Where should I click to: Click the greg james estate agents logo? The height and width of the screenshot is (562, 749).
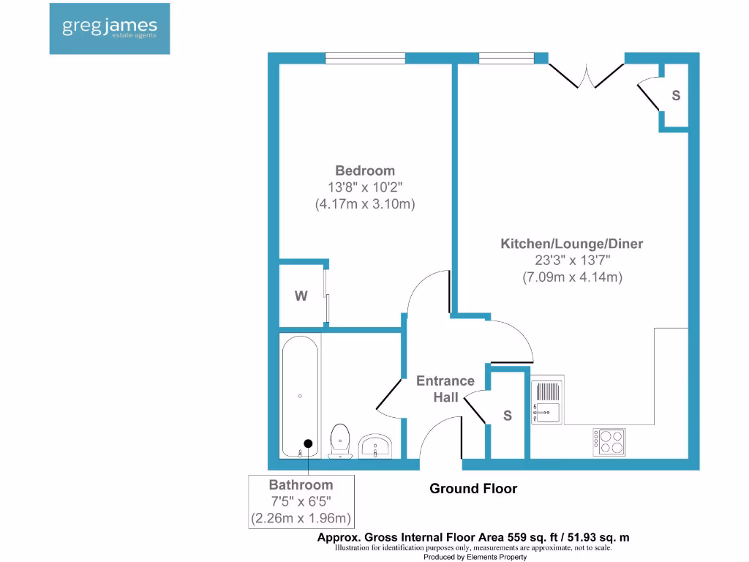point(110,29)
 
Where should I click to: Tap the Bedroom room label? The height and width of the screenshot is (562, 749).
point(365,171)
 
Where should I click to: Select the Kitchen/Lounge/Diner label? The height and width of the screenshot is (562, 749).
point(571,244)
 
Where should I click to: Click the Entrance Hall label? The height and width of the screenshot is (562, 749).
point(445,389)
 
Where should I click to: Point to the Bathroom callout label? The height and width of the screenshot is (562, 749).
point(301,484)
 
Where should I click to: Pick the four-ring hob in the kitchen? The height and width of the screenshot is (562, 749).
point(609,441)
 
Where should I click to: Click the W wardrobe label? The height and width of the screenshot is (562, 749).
point(301,296)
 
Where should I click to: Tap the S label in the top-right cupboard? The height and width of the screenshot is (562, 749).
point(676,95)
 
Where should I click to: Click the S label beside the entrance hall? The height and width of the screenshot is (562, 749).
point(507,416)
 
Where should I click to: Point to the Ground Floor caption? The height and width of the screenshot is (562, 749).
point(473,489)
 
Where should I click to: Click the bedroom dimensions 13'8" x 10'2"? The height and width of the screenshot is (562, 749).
point(365,187)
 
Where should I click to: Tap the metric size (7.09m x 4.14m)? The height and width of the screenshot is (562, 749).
point(571,277)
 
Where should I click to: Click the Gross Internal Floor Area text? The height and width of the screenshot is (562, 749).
point(473,537)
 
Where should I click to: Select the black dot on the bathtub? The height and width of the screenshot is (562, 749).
point(308,443)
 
